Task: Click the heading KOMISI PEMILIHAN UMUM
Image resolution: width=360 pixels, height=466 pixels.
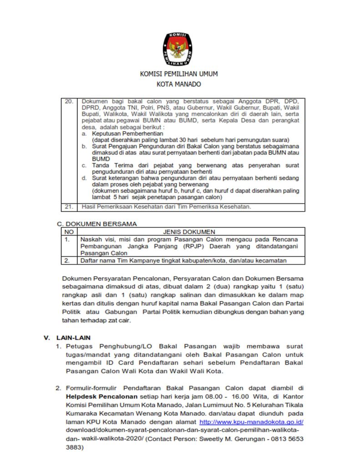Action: (x=178, y=74)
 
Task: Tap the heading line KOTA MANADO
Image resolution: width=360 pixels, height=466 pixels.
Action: (x=178, y=84)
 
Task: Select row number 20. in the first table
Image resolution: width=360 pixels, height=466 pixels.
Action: (x=69, y=101)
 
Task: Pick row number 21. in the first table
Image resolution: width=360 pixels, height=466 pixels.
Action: (x=69, y=207)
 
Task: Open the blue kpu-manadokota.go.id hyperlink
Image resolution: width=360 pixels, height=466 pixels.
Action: (x=252, y=422)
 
